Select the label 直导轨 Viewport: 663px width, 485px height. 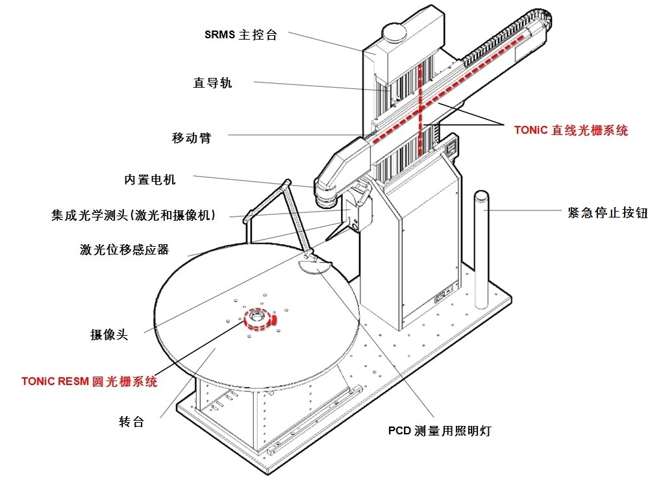click(212, 82)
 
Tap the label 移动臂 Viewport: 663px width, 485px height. click(192, 138)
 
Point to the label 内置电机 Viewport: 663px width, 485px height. click(150, 179)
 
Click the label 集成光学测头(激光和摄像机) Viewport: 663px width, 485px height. click(133, 215)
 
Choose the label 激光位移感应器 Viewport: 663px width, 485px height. click(124, 250)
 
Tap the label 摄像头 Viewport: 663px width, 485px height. click(109, 335)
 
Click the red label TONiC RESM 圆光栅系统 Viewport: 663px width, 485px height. click(89, 382)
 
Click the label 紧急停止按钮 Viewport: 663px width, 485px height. click(607, 212)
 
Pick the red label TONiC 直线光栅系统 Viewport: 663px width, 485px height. click(571, 131)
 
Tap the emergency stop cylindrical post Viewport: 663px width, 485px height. click(482, 247)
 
